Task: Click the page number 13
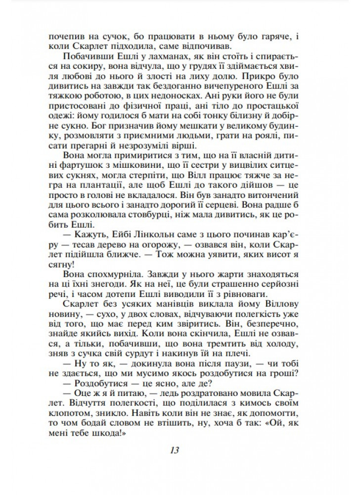(174, 450)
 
